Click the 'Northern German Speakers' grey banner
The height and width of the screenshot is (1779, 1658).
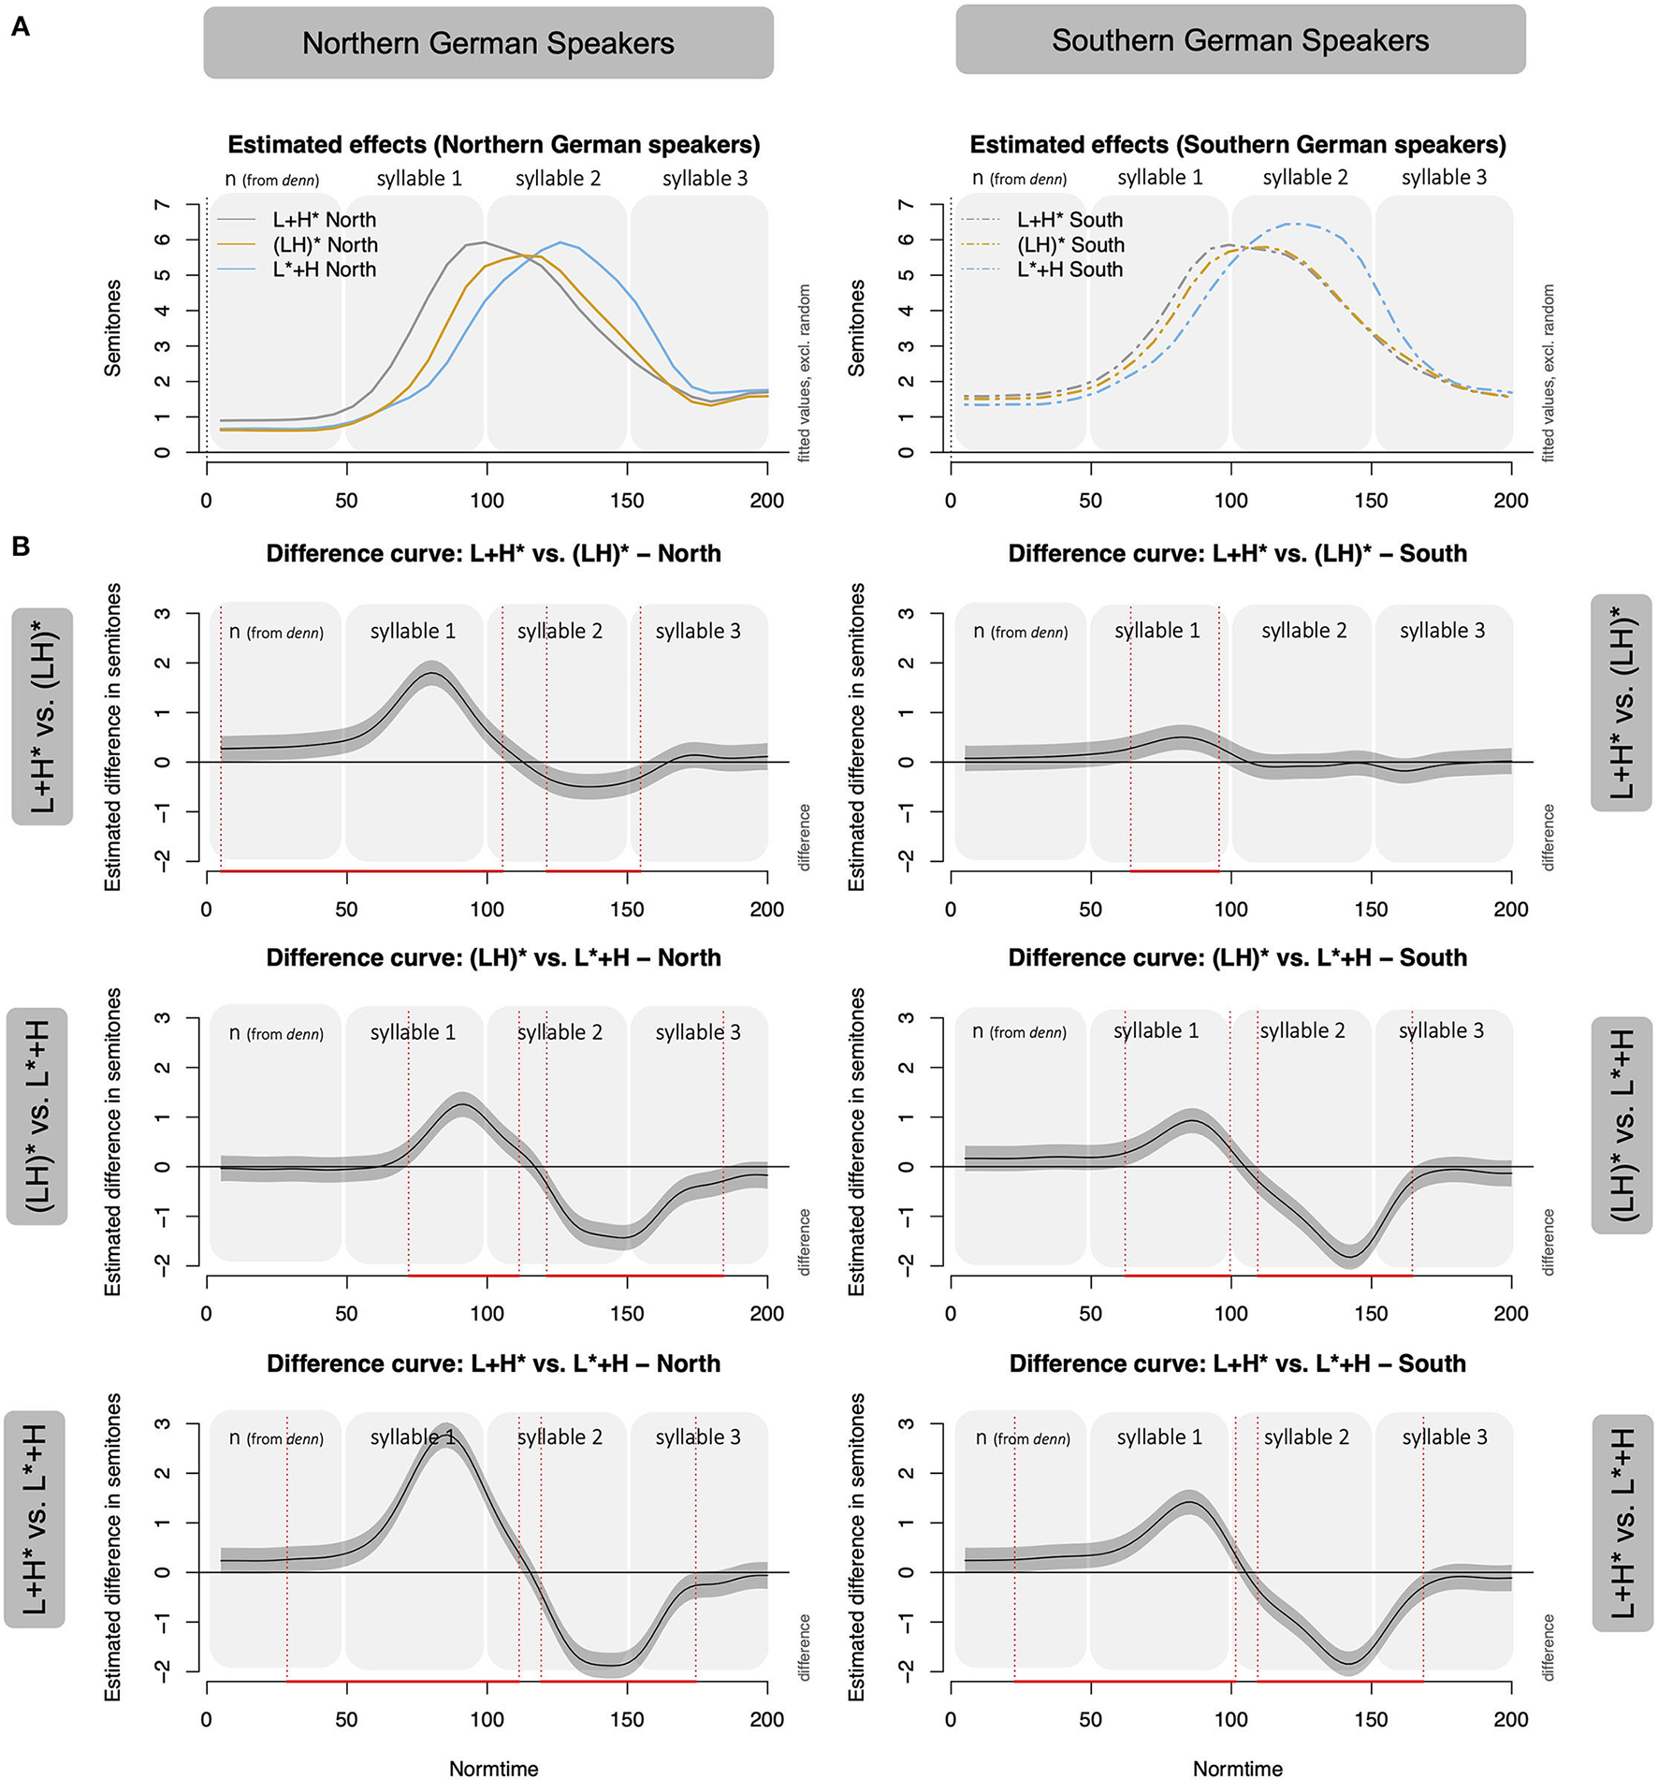487,43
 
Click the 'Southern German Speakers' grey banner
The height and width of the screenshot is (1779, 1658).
1240,40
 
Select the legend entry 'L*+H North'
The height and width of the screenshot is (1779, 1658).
324,270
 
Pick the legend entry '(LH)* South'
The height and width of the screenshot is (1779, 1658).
1070,245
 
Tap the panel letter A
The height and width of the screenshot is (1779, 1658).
20,27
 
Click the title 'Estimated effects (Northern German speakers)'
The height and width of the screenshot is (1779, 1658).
493,145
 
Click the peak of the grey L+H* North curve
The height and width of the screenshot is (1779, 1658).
483,241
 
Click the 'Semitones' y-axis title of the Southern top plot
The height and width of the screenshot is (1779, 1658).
855,328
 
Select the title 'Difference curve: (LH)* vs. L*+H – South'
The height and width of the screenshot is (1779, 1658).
1237,957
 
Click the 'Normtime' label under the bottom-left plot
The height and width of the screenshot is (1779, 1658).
493,1768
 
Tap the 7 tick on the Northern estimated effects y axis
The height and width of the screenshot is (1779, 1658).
163,206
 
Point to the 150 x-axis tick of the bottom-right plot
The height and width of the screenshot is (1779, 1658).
1371,1718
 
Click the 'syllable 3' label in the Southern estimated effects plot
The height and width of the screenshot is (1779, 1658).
1444,178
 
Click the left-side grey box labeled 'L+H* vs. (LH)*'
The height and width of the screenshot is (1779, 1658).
42,716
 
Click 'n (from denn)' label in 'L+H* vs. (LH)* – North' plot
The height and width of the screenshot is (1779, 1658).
276,632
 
